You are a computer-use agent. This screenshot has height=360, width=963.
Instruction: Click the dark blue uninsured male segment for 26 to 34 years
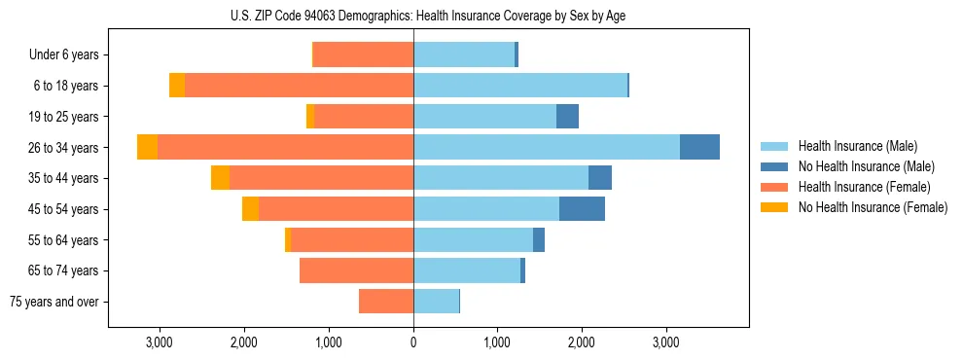tap(699, 147)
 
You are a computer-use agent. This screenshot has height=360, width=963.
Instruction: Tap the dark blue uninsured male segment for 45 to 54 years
tap(582, 208)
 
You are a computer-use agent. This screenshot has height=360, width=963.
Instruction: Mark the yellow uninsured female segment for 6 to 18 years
tap(177, 86)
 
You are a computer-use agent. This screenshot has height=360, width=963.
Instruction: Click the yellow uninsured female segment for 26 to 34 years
tap(148, 147)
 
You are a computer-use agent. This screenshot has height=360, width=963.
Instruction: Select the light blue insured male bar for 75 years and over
tap(436, 302)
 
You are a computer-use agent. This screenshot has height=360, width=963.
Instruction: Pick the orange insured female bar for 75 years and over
tap(386, 302)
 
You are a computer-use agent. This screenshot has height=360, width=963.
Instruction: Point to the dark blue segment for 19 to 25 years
tap(567, 117)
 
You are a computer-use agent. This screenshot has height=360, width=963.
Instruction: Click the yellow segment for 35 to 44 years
tap(221, 178)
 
